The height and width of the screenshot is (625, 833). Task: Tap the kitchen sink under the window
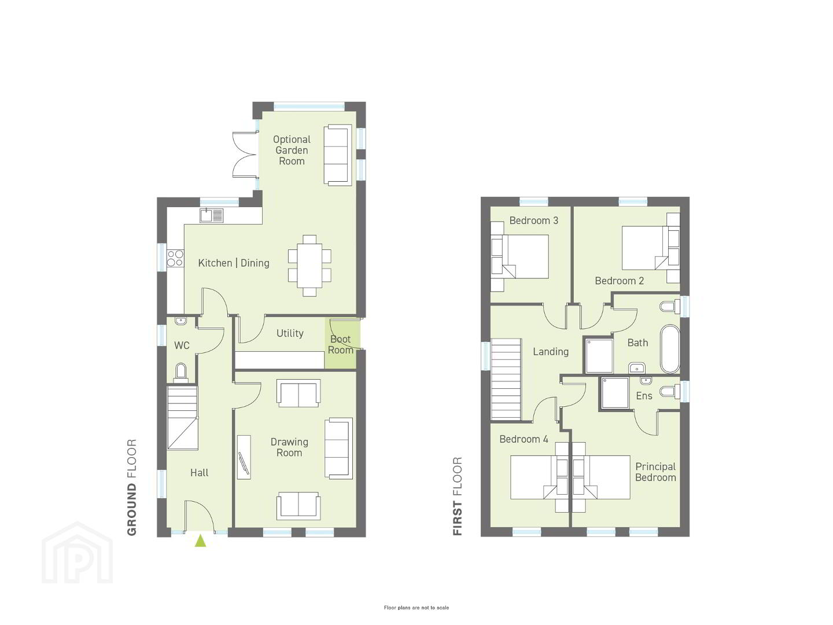(x=212, y=215)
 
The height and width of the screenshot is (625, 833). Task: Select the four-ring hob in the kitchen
(x=175, y=258)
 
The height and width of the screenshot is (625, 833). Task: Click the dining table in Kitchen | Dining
(x=309, y=266)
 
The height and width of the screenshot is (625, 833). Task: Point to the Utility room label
(x=290, y=333)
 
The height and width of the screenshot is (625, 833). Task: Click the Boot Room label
(x=340, y=344)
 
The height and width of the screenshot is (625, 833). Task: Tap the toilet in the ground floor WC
(x=181, y=373)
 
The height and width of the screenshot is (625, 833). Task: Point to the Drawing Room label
(x=289, y=447)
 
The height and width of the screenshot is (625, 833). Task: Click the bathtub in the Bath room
(x=670, y=349)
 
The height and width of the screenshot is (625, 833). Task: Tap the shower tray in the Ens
(x=614, y=393)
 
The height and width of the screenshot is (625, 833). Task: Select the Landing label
(x=551, y=352)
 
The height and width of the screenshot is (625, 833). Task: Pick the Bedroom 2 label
(x=620, y=281)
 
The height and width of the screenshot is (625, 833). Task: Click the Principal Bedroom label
(x=656, y=472)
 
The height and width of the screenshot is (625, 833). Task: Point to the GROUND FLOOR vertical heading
(x=132, y=487)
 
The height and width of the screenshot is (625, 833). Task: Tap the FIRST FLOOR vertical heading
(x=458, y=497)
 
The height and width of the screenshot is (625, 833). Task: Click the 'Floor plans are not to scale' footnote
(x=417, y=608)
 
